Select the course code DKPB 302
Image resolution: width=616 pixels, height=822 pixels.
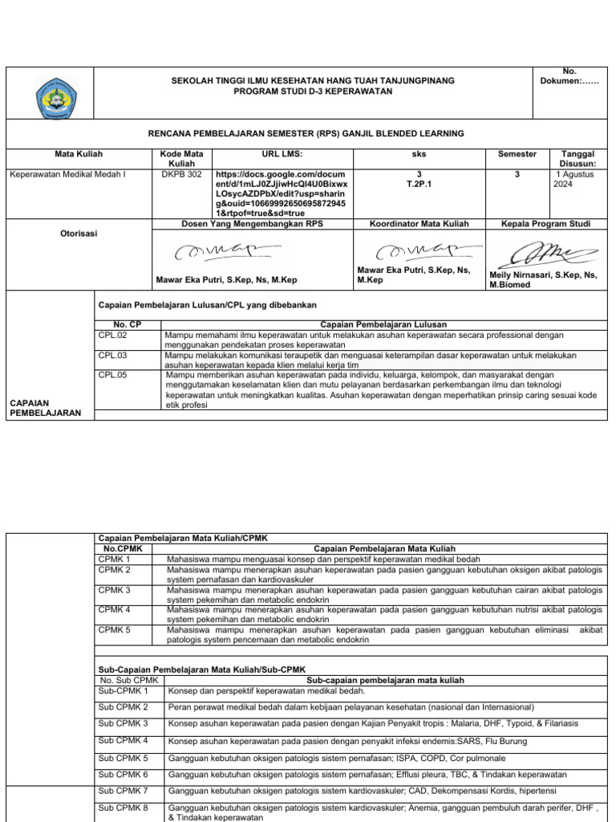point(181,173)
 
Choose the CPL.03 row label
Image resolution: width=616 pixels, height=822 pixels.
point(113,354)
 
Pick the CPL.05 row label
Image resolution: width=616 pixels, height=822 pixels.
point(113,374)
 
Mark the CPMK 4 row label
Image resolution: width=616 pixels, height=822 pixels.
point(115,609)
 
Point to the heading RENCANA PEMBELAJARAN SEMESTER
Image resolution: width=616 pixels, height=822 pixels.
point(307,133)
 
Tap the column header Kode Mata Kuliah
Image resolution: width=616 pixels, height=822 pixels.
point(182,158)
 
